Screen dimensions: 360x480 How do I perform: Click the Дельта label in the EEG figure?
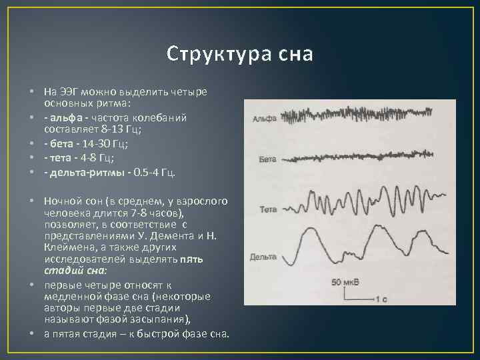(x=264, y=257)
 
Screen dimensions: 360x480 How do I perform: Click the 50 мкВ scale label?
(x=345, y=282)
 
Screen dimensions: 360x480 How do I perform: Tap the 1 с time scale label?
(x=381, y=299)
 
